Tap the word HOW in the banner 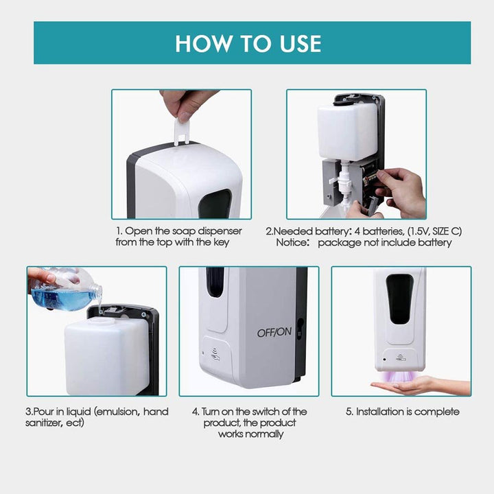pyautogui.click(x=203, y=43)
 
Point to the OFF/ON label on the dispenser pyautogui.click(x=274, y=332)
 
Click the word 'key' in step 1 pyautogui.click(x=222, y=243)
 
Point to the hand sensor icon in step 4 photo pyautogui.click(x=215, y=354)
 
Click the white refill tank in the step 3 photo pyautogui.click(x=106, y=356)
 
